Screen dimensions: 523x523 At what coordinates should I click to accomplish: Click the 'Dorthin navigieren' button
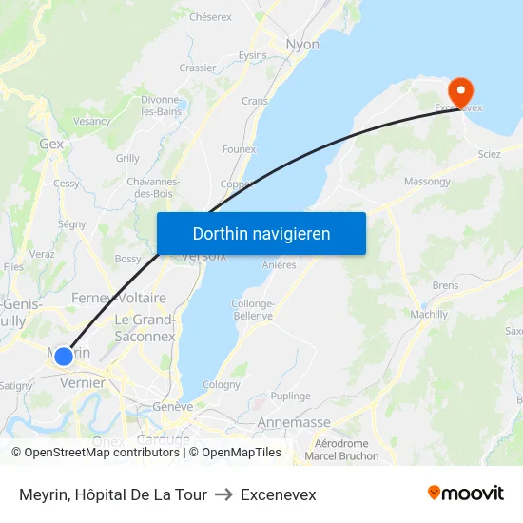point(261,233)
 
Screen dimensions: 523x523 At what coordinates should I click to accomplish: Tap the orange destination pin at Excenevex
point(461,92)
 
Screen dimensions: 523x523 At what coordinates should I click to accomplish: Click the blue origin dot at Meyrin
point(63,357)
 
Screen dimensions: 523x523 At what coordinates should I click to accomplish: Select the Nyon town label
point(303,45)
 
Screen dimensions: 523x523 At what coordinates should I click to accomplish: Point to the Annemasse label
point(294,422)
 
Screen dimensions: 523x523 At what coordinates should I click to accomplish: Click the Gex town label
point(51,145)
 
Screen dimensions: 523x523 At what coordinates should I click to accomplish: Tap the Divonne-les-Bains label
point(162,106)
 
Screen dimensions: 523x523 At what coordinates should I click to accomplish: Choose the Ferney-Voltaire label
point(119,299)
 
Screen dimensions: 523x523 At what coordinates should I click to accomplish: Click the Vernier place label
point(82,381)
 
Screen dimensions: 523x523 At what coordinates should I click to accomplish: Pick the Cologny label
point(222,385)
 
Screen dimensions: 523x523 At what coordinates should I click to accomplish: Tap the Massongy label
point(428,181)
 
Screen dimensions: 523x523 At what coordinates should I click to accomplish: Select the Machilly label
point(429,315)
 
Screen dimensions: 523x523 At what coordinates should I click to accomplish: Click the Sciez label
point(490,154)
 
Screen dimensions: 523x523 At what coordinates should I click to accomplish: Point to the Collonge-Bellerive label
point(252,309)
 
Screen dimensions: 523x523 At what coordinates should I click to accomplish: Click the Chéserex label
point(210,17)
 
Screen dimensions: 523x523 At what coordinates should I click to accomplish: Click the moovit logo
point(466,494)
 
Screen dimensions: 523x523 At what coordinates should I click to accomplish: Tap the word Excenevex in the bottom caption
point(279,494)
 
